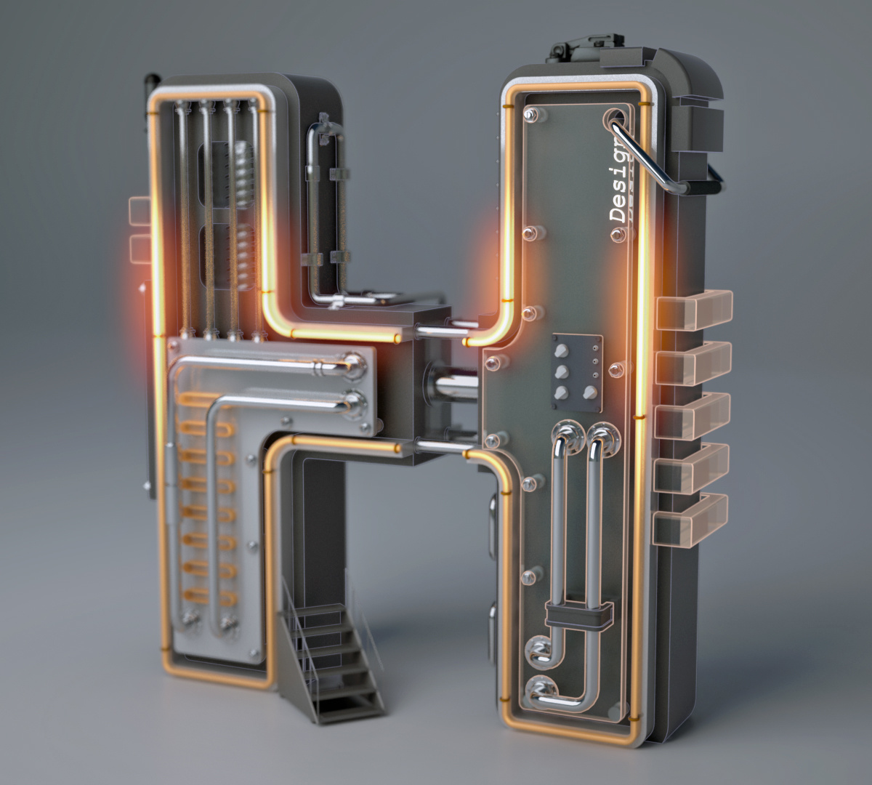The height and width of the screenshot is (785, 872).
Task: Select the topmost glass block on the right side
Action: pos(694,310)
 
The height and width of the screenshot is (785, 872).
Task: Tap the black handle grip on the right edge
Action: pos(714,179)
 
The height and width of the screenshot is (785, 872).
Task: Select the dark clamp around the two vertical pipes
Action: pos(578,616)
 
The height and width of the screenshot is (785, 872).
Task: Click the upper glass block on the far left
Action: pos(139,210)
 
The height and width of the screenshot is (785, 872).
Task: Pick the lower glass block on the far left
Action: pos(138,246)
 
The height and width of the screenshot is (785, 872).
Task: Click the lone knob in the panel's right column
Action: pos(589,393)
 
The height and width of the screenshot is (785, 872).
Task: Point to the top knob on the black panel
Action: pos(561,350)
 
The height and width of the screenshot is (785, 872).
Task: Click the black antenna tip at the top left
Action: pos(151,81)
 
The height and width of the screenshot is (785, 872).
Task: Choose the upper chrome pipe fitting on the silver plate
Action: pos(355,363)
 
